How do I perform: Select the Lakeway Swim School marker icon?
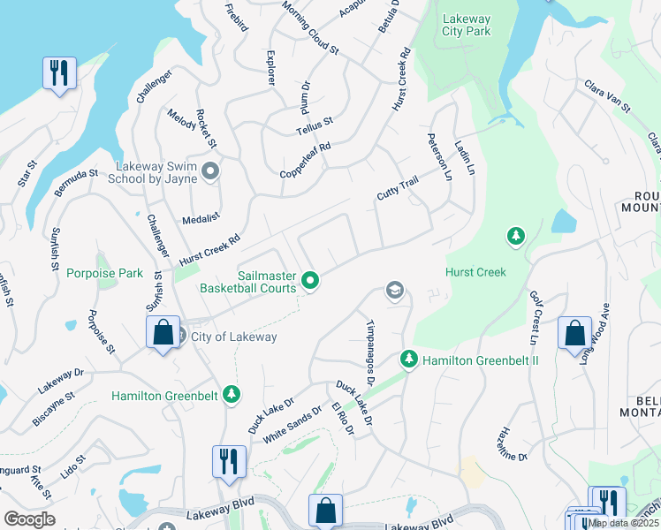pyautogui.click(x=209, y=170)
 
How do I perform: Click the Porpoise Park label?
pyautogui.click(x=104, y=273)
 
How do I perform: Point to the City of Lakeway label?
pyautogui.click(x=233, y=337)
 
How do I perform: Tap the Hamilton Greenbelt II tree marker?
pyautogui.click(x=408, y=359)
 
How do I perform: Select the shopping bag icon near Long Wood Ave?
pyautogui.click(x=574, y=333)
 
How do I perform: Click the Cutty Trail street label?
pyautogui.click(x=396, y=187)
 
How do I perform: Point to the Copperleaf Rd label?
pyautogui.click(x=305, y=159)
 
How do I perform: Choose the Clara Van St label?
pyautogui.click(x=606, y=97)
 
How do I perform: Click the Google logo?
pyautogui.click(x=29, y=519)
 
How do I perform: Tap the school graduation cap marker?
pyautogui.click(x=394, y=290)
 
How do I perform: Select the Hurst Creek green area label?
pyautogui.click(x=475, y=272)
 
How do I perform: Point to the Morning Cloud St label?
pyautogui.click(x=310, y=26)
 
